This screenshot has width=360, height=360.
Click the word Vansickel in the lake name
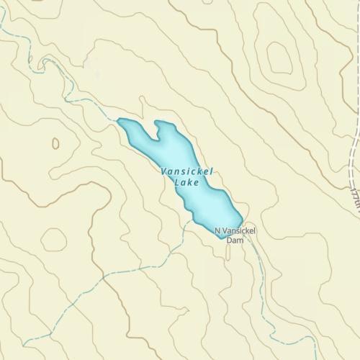pyautogui.click(x=187, y=173)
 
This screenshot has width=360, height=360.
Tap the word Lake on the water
pyautogui.click(x=186, y=183)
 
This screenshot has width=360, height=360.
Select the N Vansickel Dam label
pyautogui.click(x=235, y=235)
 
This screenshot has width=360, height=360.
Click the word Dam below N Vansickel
pyautogui.click(x=235, y=240)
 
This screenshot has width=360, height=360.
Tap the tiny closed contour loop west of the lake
pyautogui.click(x=55, y=143)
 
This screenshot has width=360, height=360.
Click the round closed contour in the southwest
pyautogui.click(x=54, y=239)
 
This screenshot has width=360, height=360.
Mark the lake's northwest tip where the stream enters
pyautogui.click(x=120, y=121)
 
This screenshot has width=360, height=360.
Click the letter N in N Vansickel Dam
pyautogui.click(x=218, y=230)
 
